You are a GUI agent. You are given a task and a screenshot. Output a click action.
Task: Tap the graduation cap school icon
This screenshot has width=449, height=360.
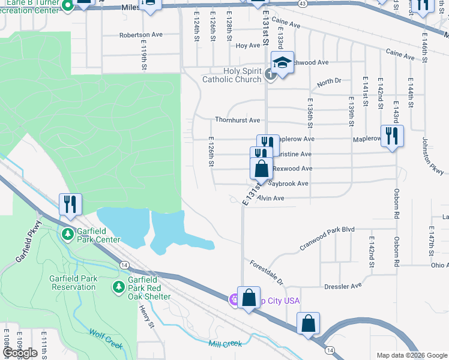pyautogui.click(x=282, y=62)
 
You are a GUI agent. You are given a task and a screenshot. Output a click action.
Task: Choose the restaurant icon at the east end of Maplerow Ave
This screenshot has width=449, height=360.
pyautogui.click(x=392, y=135)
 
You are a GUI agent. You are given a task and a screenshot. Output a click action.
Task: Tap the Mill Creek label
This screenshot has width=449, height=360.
pyautogui.click(x=225, y=344)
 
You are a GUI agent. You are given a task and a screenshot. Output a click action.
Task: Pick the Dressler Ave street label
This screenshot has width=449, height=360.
pyautogui.click(x=343, y=286)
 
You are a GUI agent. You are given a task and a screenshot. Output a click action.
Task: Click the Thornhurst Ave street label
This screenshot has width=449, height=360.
pyautogui.click(x=237, y=120)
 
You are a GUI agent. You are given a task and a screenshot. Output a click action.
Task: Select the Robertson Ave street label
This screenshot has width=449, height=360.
pyautogui.click(x=141, y=35)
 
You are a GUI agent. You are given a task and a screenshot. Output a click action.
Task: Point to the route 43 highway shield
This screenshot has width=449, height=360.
pyautogui.click(x=303, y=4)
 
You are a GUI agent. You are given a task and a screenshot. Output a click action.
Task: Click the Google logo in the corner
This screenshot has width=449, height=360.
pyautogui.click(x=20, y=353)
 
